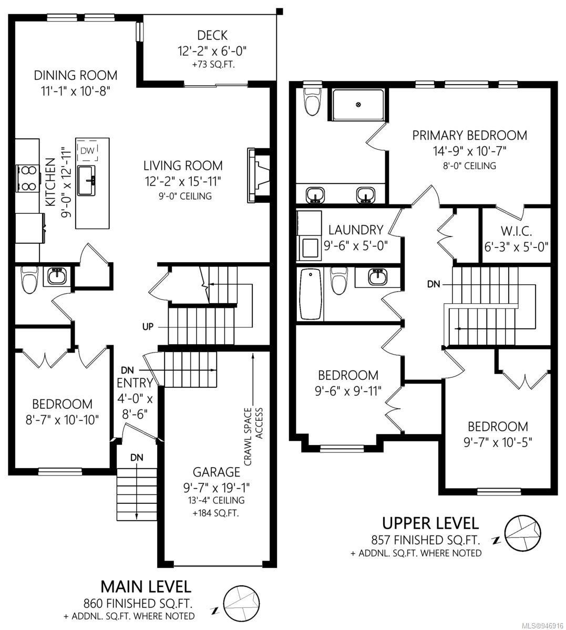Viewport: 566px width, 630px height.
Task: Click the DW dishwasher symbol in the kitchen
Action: coord(87,151)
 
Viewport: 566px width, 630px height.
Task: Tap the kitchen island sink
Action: coord(86,181)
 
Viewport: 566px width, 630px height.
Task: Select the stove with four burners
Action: coord(28,178)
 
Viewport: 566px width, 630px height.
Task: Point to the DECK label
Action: coord(212,35)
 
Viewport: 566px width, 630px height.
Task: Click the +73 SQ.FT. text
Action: coord(213,64)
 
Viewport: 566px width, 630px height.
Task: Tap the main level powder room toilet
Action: coord(28,279)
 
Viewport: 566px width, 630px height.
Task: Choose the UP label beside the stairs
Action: coord(148,327)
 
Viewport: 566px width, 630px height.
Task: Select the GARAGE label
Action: coord(217,472)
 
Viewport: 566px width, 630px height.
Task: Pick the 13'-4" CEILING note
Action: coord(217,501)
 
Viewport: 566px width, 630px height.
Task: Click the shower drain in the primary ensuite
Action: coord(358,105)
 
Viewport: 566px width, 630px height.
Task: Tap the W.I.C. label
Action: coord(516,231)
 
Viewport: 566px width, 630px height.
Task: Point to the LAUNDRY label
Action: coord(356,230)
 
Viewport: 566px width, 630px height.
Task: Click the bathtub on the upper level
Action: coord(311,295)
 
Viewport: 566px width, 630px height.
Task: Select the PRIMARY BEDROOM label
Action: coord(469,136)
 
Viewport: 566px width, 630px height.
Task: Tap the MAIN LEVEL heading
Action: coord(146,586)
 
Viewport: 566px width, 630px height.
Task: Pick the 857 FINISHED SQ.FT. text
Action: coord(426,540)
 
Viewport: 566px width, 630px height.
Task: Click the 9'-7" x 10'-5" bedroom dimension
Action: coord(498,442)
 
